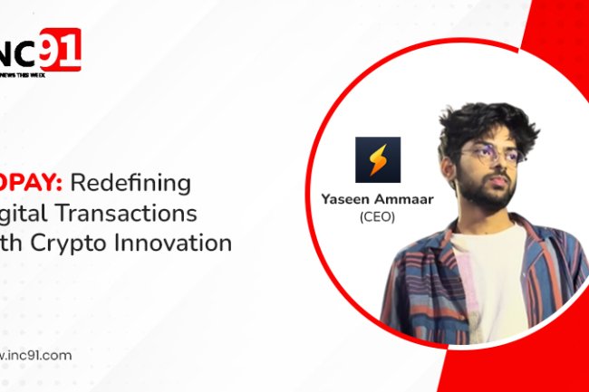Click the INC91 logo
pos(41,51)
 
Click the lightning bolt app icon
pos(378,159)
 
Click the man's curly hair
pos(489,122)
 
